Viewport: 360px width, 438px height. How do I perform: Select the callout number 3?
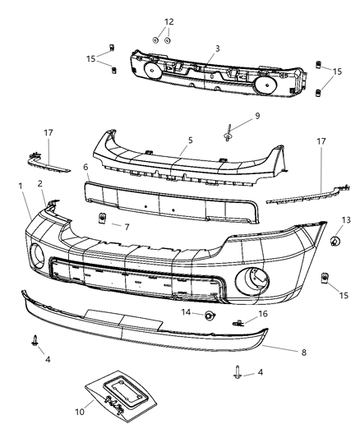point(217,49)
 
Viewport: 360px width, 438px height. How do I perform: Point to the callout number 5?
point(190,141)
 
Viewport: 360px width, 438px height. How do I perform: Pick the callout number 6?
point(85,167)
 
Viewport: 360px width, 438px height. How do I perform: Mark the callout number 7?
point(126,225)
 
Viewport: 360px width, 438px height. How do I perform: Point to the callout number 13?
point(347,221)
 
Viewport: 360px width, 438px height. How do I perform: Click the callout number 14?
point(187,313)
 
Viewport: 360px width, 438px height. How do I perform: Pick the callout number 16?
point(262,314)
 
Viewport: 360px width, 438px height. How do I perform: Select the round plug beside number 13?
point(335,240)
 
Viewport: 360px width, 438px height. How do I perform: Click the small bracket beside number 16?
point(240,322)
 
